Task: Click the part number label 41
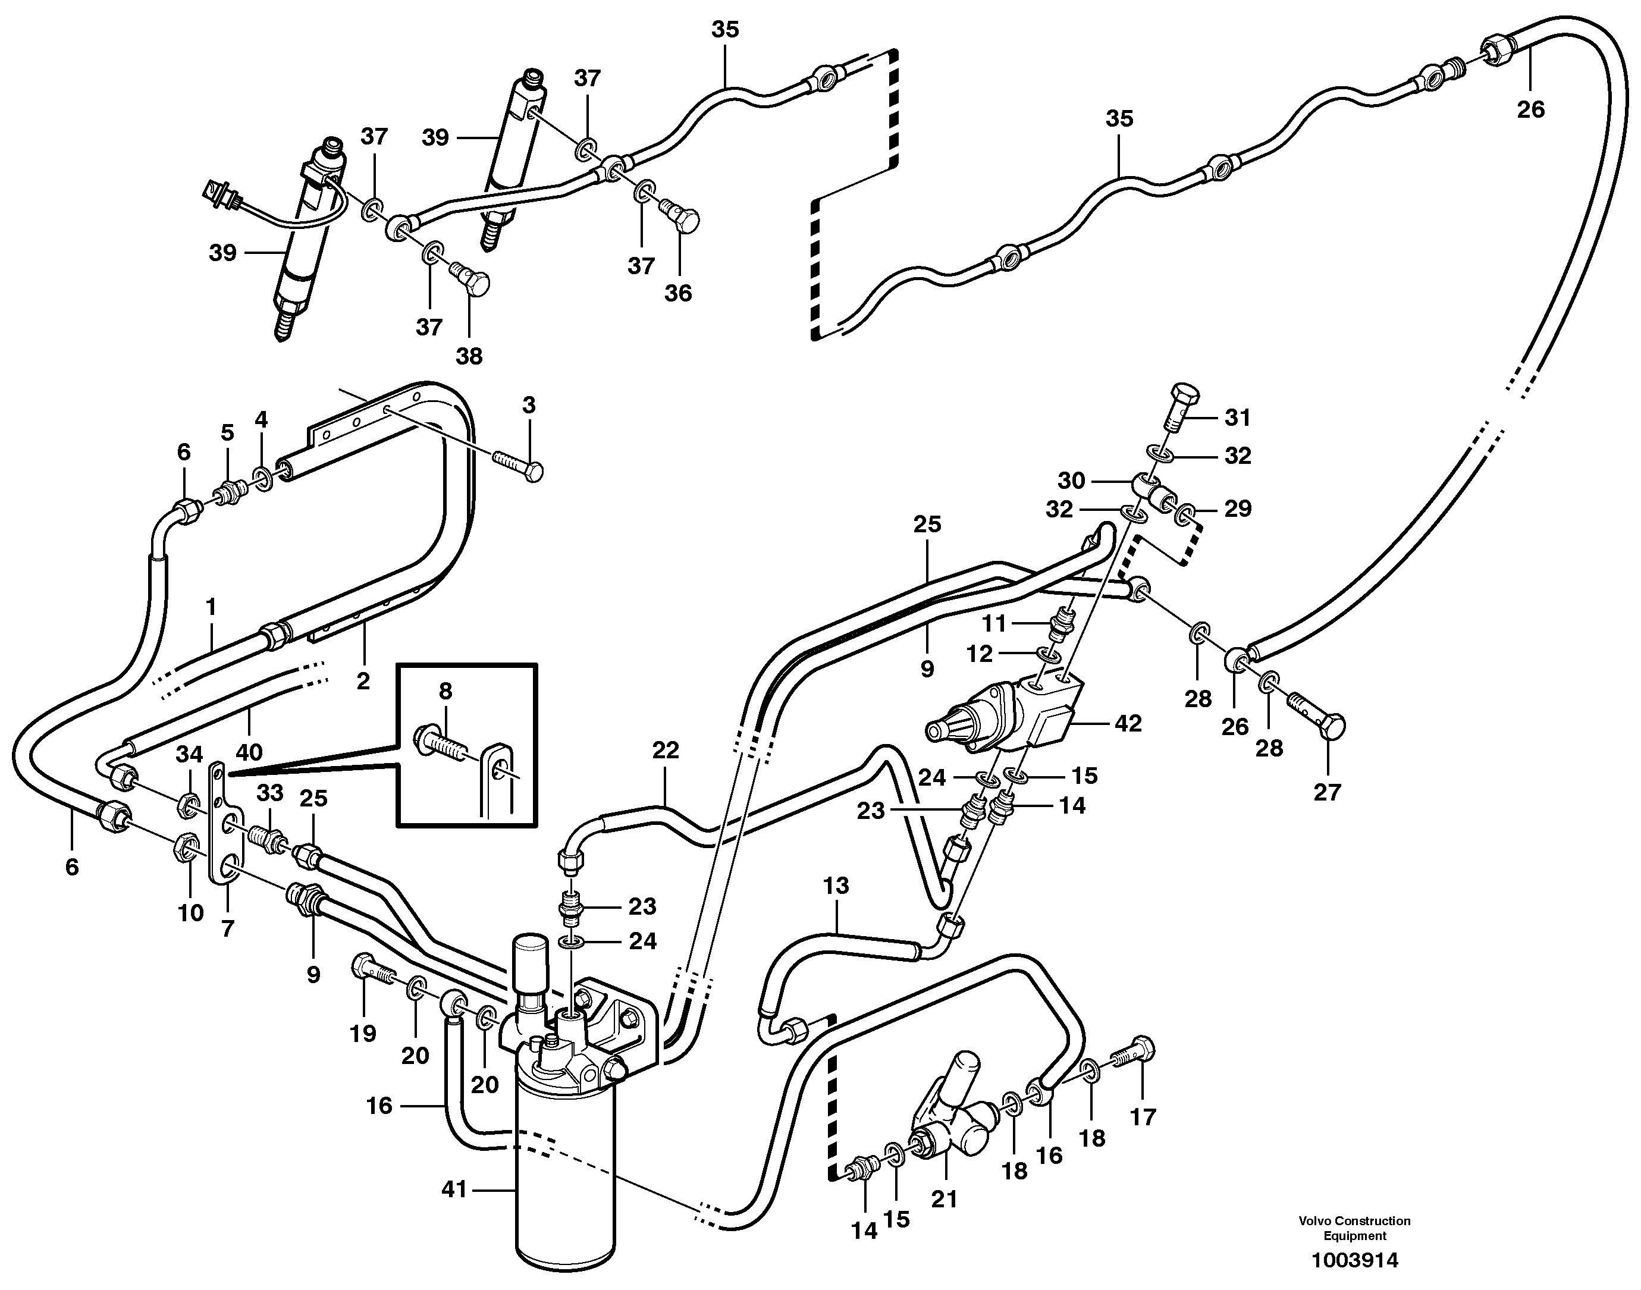pyautogui.click(x=454, y=1189)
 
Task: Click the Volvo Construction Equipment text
pyautogui.click(x=1354, y=1228)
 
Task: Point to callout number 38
pyautogui.click(x=469, y=356)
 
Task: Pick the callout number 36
pyautogui.click(x=677, y=293)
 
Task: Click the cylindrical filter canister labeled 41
pyautogui.click(x=566, y=1186)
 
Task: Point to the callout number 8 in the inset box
pyautogui.click(x=445, y=690)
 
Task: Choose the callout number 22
pyautogui.click(x=666, y=750)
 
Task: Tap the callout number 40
pyautogui.click(x=249, y=752)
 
